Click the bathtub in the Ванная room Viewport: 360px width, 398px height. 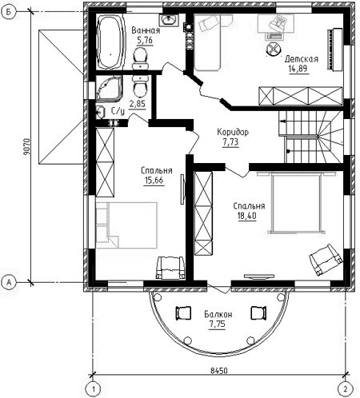point(110,42)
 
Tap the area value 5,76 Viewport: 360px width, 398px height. point(145,41)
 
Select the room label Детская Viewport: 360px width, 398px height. point(302,59)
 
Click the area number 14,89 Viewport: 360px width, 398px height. point(298,69)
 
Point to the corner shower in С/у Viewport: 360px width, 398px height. point(109,89)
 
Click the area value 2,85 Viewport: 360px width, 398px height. point(138,103)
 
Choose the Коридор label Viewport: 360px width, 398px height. point(233,132)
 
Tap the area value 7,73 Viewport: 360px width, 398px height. point(230,142)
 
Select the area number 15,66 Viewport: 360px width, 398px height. point(154,181)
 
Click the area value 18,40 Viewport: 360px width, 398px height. point(247,216)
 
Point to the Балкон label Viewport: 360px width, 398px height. point(218,314)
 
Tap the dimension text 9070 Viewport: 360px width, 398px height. point(26,147)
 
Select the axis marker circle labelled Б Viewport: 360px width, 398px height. point(9,12)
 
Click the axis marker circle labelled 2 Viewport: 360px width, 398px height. point(346,389)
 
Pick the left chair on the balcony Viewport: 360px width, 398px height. point(183,313)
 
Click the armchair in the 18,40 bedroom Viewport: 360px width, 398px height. point(326,260)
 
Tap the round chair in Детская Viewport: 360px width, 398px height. point(274,49)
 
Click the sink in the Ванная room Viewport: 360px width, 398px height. point(169,20)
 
